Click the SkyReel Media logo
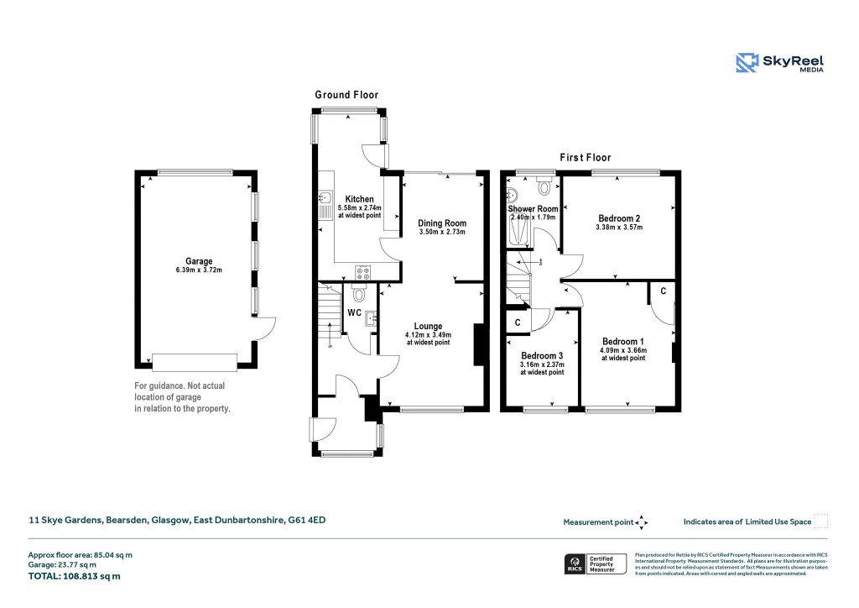click(779, 63)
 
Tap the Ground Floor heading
click(346, 95)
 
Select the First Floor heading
click(586, 157)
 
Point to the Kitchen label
click(359, 199)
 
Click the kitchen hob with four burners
click(363, 270)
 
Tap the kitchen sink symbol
click(325, 199)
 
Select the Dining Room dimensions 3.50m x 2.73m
click(441, 232)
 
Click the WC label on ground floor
click(354, 312)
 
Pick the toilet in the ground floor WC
click(359, 293)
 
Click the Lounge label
click(427, 326)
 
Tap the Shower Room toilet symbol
click(545, 186)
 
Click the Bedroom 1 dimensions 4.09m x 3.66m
click(622, 350)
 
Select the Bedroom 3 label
click(542, 355)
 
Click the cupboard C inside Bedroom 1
click(663, 291)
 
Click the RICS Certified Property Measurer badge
click(594, 563)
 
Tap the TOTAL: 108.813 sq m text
click(75, 576)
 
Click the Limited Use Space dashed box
click(821, 522)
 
